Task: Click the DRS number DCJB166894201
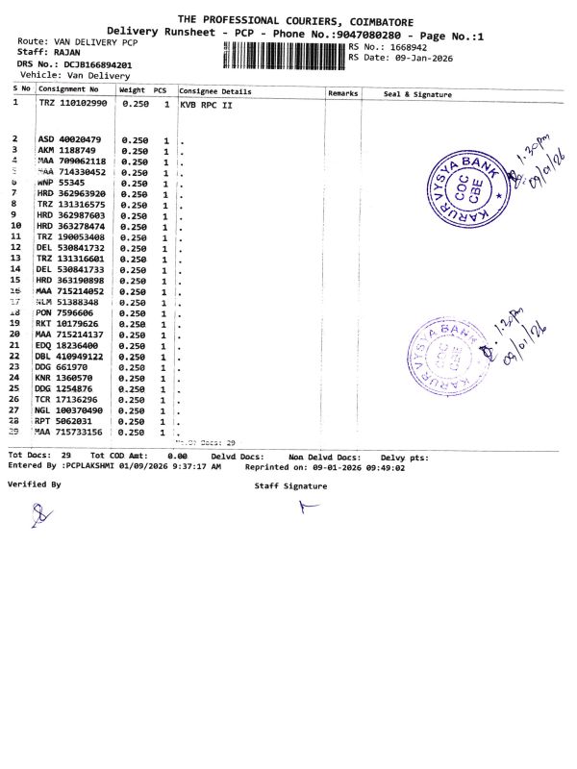92,64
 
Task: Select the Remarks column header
342,93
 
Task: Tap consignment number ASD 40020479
68,139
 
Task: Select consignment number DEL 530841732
72,247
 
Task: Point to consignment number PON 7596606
65,312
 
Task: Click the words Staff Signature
290,486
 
